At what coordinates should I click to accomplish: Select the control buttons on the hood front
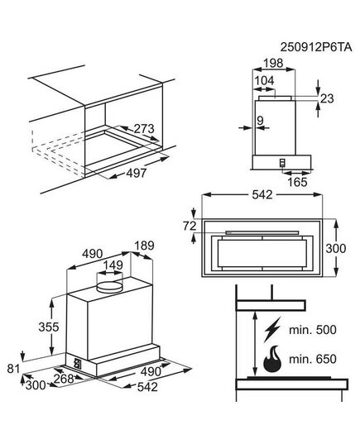(x=77, y=361)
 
